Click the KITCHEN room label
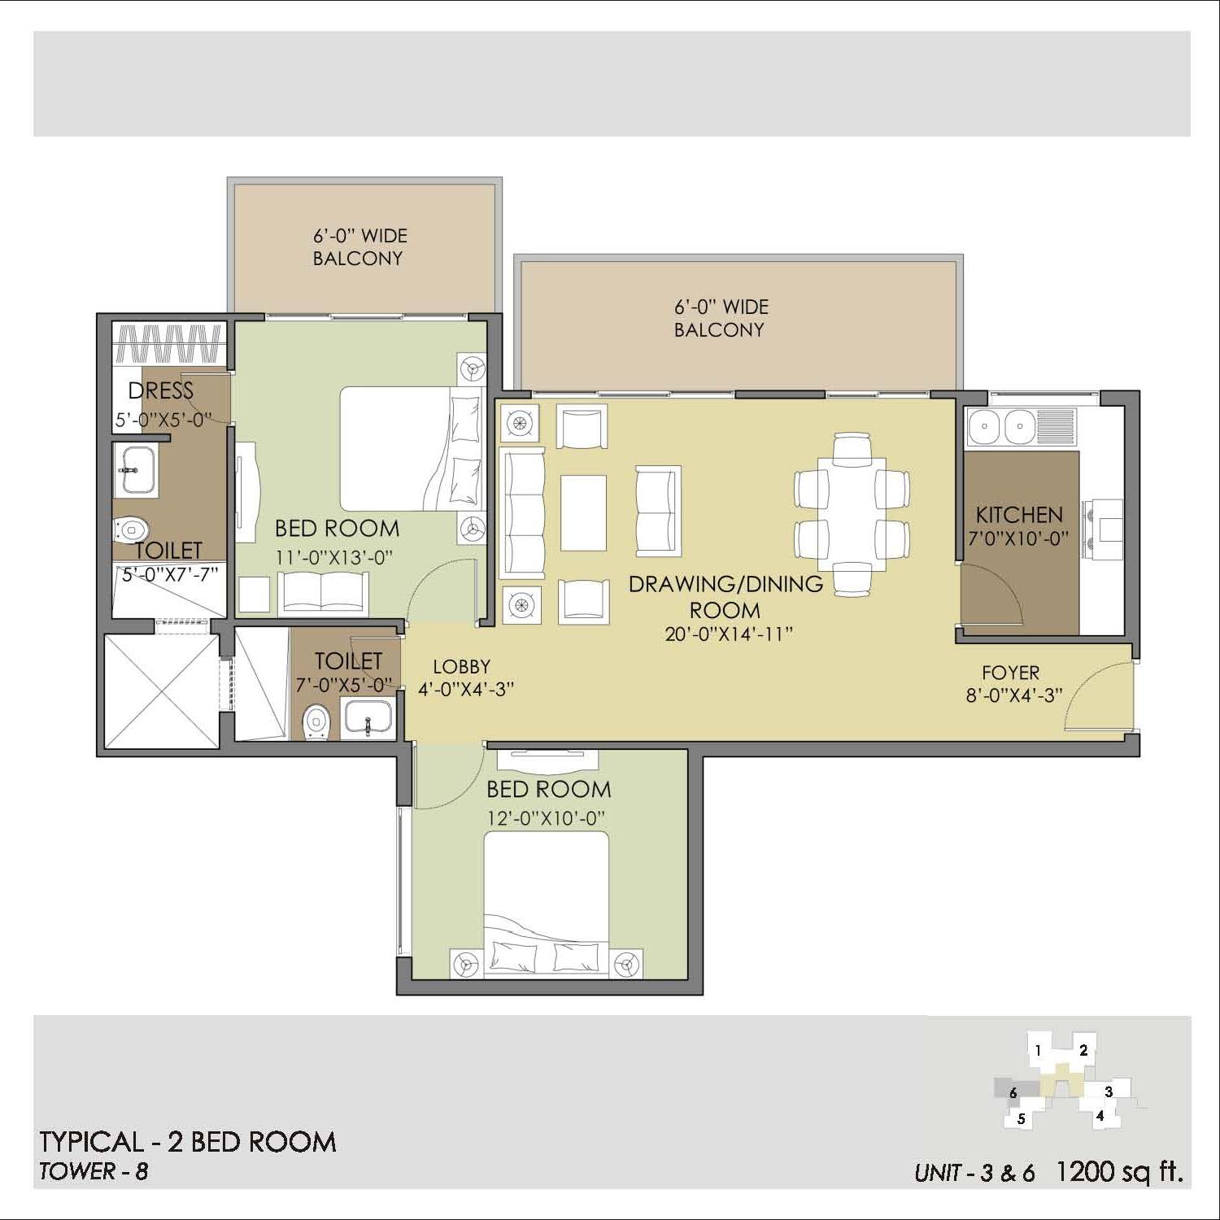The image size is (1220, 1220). pyautogui.click(x=1019, y=515)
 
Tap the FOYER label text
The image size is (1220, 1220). pyautogui.click(x=1010, y=673)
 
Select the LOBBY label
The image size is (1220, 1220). pyautogui.click(x=461, y=667)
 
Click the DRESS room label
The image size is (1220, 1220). pyautogui.click(x=161, y=391)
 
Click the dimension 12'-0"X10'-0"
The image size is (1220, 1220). pyautogui.click(x=547, y=818)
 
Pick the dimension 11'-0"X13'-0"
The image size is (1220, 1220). pyautogui.click(x=334, y=558)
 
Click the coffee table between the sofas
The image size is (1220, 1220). pyautogui.click(x=583, y=512)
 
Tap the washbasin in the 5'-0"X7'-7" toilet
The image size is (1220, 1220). pyautogui.click(x=135, y=469)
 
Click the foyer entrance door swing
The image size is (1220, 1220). pyautogui.click(x=1098, y=695)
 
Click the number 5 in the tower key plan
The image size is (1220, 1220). pyautogui.click(x=1021, y=1118)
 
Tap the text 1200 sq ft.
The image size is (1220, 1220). pyautogui.click(x=1118, y=1171)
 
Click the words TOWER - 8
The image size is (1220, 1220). pyautogui.click(x=94, y=1171)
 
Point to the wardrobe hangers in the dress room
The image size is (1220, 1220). pyautogui.click(x=168, y=343)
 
